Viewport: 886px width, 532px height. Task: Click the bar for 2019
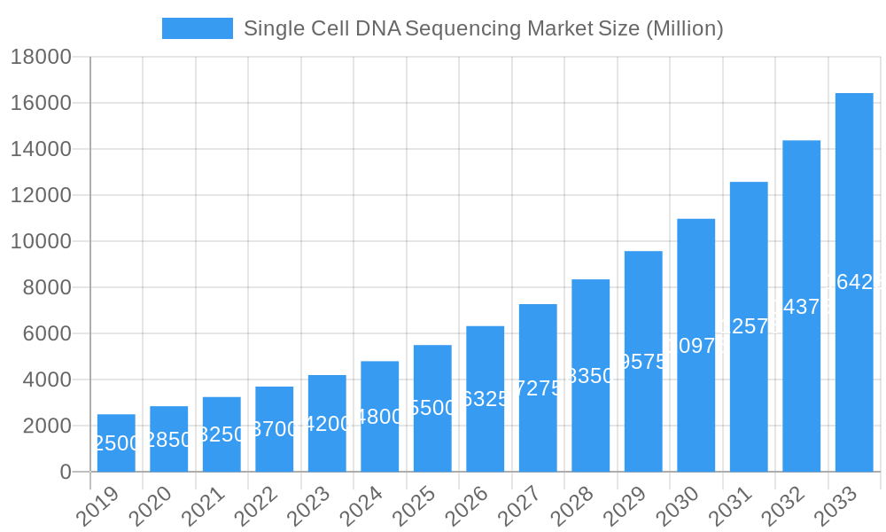[x=116, y=442]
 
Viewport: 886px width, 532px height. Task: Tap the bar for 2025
[x=432, y=408]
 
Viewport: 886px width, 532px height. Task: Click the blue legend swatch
[x=197, y=28]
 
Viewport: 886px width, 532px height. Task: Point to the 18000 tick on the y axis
[x=41, y=57]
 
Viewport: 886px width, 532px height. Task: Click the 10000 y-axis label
[x=41, y=241]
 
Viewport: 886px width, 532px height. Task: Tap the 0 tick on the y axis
[x=66, y=472]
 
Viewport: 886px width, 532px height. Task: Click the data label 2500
[x=116, y=443]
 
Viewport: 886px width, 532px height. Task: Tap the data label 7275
[x=538, y=388]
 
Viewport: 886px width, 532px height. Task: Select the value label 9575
[x=643, y=362]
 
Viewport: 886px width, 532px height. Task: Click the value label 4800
[x=379, y=417]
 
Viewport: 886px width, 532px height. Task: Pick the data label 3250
[x=221, y=434]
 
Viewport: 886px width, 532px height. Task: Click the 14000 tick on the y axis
[x=41, y=149]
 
